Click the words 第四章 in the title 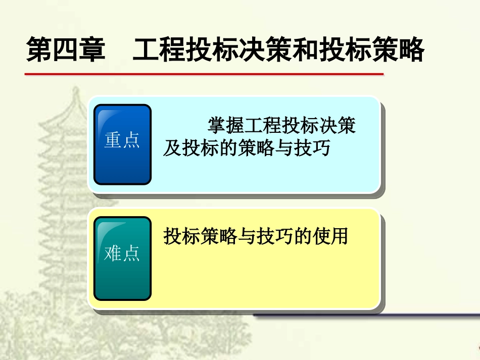coord(66,50)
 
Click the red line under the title coord(204,74)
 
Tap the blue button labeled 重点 coord(122,144)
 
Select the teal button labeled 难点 coord(122,258)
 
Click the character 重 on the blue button coord(113,140)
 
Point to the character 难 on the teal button coord(113,254)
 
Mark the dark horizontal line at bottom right coord(366,316)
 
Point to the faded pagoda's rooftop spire coord(76,93)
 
